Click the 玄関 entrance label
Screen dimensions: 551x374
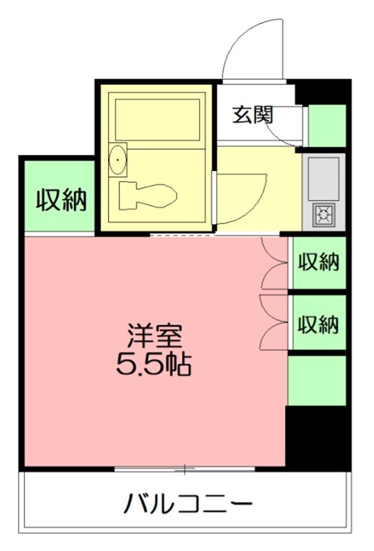coord(252,114)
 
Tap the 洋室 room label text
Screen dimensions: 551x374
coord(154,335)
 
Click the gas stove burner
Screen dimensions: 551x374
coord(323,216)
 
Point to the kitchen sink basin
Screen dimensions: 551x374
coord(323,175)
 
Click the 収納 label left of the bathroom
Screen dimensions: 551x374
coord(61,200)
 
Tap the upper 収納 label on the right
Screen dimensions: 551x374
coord(319,262)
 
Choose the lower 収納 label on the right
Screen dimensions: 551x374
coord(319,323)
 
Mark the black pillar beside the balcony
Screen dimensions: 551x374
coord(318,438)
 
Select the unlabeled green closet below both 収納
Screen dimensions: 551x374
coord(316,380)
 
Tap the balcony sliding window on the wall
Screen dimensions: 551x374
coord(185,470)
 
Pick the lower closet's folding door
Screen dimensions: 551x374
coord(274,322)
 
